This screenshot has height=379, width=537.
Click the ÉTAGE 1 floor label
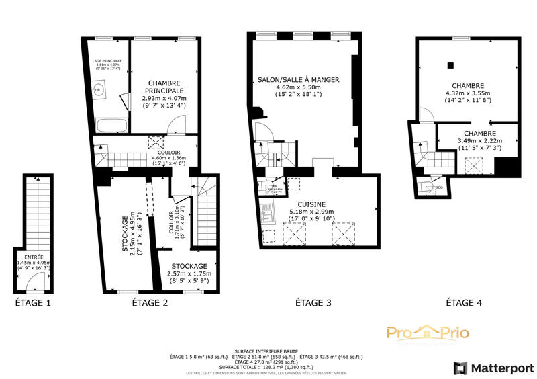(x=34, y=303)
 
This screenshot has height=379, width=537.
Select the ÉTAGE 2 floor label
(x=147, y=303)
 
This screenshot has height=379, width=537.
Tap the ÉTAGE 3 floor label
(x=313, y=303)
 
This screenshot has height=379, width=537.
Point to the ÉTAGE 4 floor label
(x=464, y=303)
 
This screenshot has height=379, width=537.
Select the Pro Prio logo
(x=428, y=333)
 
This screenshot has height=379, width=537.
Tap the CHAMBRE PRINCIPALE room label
(x=164, y=87)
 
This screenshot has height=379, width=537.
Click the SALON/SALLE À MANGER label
(x=299, y=80)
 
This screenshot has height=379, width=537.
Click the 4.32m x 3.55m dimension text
(x=467, y=93)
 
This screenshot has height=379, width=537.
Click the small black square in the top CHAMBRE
(x=450, y=65)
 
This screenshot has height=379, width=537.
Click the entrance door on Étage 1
(x=33, y=284)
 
